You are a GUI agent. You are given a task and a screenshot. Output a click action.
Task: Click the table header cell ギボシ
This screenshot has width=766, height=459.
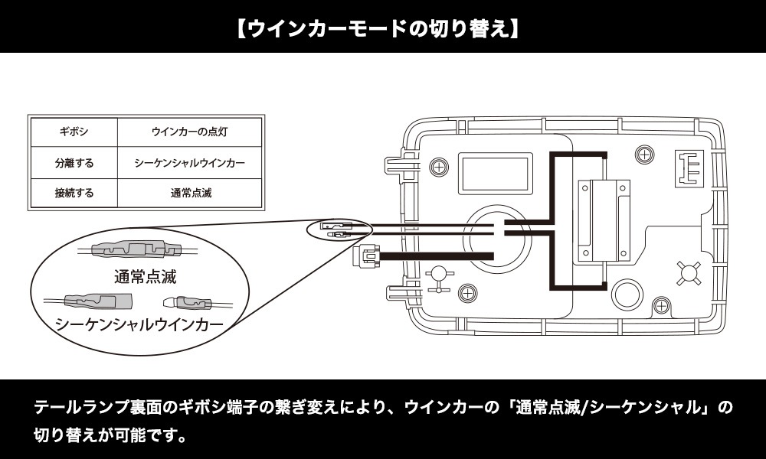pos(74,132)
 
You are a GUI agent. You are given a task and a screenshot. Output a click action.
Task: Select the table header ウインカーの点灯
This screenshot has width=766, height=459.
pos(189,132)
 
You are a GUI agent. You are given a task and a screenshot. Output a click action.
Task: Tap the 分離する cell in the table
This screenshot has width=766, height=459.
pos(74,163)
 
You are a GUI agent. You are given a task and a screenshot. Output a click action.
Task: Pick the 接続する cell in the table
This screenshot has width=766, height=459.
pos(74,193)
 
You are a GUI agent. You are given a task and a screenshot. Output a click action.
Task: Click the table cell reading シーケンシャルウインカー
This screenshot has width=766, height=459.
pos(189,163)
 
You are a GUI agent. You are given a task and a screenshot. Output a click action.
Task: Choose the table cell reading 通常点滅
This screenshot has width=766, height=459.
pos(189,193)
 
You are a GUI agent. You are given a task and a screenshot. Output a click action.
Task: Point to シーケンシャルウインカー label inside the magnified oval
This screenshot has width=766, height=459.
pos(139,324)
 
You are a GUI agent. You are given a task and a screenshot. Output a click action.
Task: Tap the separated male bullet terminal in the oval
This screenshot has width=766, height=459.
pos(187,302)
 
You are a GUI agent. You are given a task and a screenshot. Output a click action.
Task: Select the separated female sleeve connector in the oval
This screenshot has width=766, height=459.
pos(97,299)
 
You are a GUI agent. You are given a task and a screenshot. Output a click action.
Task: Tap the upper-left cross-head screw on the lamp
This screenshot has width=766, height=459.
pos(439,166)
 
